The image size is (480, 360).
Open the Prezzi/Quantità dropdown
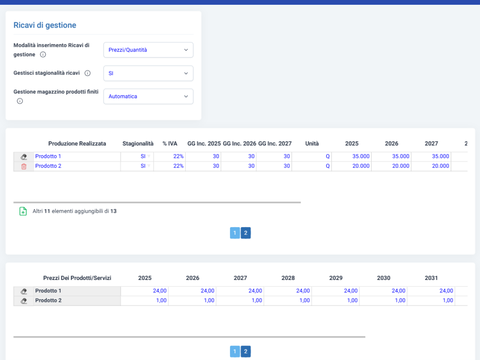pos(148,50)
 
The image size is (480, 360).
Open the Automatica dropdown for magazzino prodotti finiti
pos(148,96)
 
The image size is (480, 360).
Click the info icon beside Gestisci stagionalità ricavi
pos(88,73)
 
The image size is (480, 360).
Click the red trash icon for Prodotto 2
pos(24,166)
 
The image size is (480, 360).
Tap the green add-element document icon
pos(23,211)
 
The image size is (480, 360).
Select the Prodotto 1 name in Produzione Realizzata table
pos(48,156)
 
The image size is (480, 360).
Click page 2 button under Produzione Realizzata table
pos(246,233)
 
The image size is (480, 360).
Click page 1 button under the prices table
pos(235,351)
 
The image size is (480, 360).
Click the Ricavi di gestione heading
pos(45,25)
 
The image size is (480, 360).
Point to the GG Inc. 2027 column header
pos(275,144)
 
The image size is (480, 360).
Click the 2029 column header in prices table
pos(336,278)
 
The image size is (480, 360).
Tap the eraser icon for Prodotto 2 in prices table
pos(24,301)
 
